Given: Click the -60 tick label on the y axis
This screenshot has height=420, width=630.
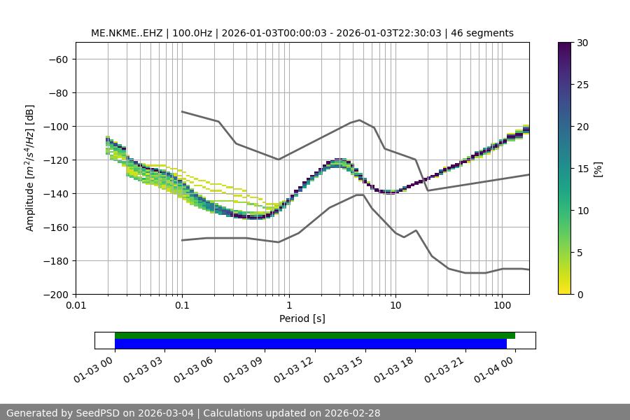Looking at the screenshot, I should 57,59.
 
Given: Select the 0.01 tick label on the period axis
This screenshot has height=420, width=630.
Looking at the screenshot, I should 76,306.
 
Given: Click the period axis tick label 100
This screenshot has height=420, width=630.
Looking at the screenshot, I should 502,306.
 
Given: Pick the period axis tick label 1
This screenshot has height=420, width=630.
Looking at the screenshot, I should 288,306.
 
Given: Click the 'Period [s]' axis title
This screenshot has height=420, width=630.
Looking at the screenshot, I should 302,319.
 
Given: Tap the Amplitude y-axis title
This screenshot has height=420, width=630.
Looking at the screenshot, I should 30,168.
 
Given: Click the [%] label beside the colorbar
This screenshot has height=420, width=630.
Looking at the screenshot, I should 598,169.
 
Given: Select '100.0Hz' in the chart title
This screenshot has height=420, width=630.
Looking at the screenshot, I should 188,34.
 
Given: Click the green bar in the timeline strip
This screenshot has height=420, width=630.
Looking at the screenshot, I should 315,335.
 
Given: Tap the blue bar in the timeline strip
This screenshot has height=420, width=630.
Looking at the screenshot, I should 311,344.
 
